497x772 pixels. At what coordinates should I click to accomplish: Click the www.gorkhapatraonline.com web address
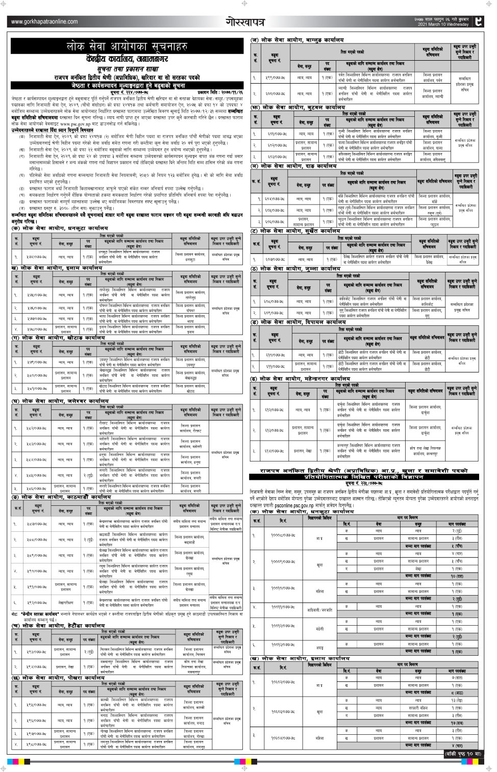point(44,21)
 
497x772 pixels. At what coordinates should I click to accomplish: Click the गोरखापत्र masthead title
point(245,21)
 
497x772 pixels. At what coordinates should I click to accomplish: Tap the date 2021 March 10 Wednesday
point(442,24)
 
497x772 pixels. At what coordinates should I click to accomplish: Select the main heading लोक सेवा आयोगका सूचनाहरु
point(127,46)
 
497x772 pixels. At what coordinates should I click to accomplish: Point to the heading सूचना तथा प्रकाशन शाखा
point(127,68)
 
